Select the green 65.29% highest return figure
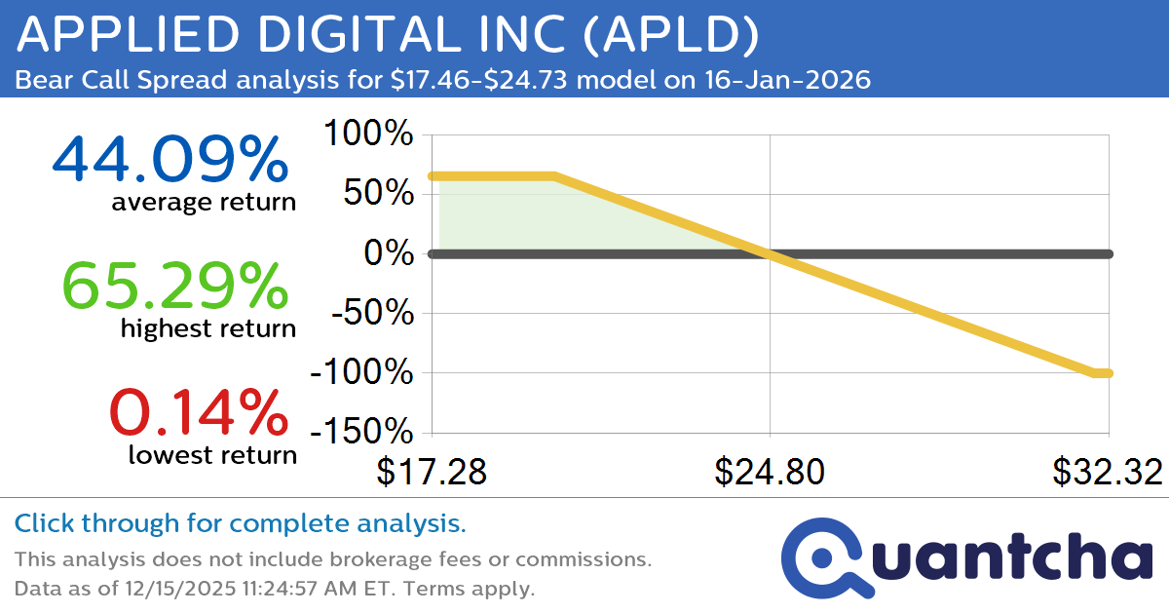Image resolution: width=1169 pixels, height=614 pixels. [x=175, y=285]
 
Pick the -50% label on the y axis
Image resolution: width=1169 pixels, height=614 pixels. [x=369, y=314]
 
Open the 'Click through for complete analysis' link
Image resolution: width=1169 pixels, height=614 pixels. [x=241, y=524]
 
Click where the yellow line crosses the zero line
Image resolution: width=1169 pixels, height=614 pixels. [x=770, y=253]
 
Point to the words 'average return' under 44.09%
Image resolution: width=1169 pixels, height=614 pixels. [x=203, y=202]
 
